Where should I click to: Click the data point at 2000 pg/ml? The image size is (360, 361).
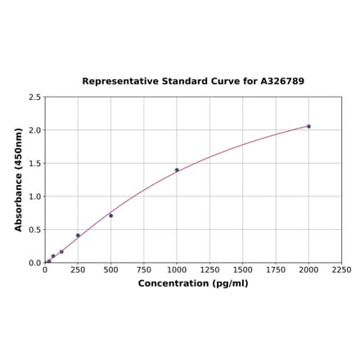coord(308,126)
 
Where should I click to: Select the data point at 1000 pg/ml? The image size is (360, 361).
coord(177,170)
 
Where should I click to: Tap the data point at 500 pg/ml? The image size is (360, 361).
coord(111,215)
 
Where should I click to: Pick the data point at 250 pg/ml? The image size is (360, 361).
coord(78,236)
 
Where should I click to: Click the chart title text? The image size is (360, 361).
coord(193,82)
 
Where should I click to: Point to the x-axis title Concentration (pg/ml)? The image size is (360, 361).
coord(193,283)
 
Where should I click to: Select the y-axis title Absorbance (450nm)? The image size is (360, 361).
coord(19,179)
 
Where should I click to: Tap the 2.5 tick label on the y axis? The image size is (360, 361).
coord(35,97)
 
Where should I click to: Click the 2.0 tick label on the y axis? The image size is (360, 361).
coord(35,130)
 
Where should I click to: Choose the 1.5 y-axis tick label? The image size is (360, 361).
coord(35,164)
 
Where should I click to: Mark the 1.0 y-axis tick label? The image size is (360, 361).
coord(35,196)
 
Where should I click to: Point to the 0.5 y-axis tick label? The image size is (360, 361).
coord(35,230)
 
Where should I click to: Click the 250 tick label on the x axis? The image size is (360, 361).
coord(78,269)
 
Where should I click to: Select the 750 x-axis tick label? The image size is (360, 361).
coord(144,269)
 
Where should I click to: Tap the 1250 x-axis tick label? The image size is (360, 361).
coord(209,269)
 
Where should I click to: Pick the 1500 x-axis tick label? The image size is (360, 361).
coord(243,269)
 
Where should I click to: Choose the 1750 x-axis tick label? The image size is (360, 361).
coord(276,269)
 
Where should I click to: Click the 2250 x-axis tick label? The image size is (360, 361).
coord(341,269)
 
